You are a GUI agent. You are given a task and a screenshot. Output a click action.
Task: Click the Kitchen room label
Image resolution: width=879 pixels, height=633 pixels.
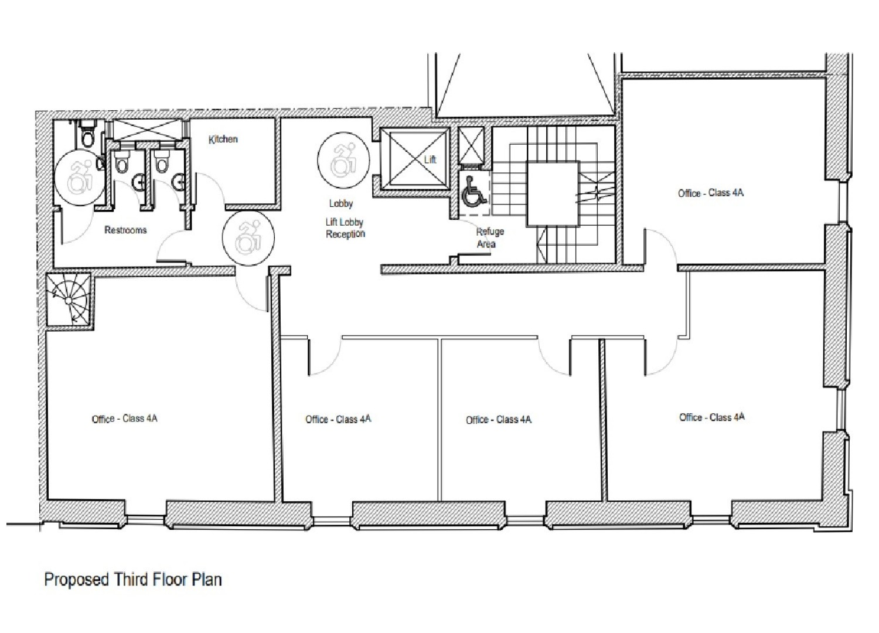pyautogui.click(x=223, y=139)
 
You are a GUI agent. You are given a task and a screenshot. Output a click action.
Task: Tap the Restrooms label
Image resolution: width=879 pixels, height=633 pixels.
pyautogui.click(x=125, y=230)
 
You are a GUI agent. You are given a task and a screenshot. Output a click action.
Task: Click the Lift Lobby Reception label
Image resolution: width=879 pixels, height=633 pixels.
pyautogui.click(x=345, y=229)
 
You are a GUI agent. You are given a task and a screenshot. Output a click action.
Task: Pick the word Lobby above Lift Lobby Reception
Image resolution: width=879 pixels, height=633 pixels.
pyautogui.click(x=340, y=204)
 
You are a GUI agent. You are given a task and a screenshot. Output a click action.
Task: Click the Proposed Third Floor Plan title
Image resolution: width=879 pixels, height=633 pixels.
pyautogui.click(x=133, y=580)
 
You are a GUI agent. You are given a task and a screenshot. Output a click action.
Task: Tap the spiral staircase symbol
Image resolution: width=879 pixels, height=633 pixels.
pyautogui.click(x=69, y=300)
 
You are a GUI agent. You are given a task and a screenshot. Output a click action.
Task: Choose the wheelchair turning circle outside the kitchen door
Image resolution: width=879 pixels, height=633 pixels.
pyautogui.click(x=248, y=239)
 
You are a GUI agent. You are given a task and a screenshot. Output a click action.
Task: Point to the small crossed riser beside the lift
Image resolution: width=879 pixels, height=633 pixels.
pyautogui.click(x=470, y=144)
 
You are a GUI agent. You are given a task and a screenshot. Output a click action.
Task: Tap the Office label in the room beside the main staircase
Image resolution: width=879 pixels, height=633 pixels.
pyautogui.click(x=710, y=193)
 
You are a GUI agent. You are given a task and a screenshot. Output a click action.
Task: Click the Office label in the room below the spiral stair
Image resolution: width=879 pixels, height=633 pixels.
pyautogui.click(x=124, y=418)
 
